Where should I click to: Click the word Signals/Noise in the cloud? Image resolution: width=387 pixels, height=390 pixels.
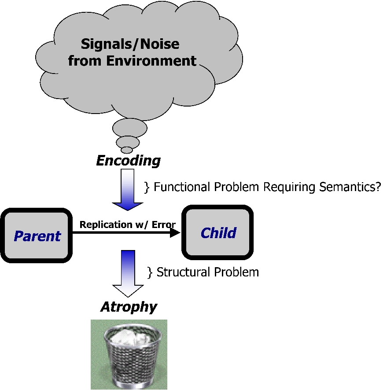[130, 44]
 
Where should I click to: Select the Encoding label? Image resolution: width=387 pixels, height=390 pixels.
[128, 161]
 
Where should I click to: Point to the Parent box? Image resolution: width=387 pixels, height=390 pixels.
[37, 236]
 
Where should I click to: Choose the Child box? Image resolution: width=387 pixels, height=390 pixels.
[218, 232]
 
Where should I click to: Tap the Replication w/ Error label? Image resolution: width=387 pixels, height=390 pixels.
[127, 225]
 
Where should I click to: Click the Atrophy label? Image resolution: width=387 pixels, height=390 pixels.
[129, 306]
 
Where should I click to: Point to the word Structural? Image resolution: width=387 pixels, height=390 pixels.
[180, 272]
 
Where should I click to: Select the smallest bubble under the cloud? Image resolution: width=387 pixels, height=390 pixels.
[127, 150]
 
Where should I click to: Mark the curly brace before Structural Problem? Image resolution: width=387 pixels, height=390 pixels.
[150, 272]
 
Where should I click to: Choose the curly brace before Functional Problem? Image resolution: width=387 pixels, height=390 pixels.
[147, 188]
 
